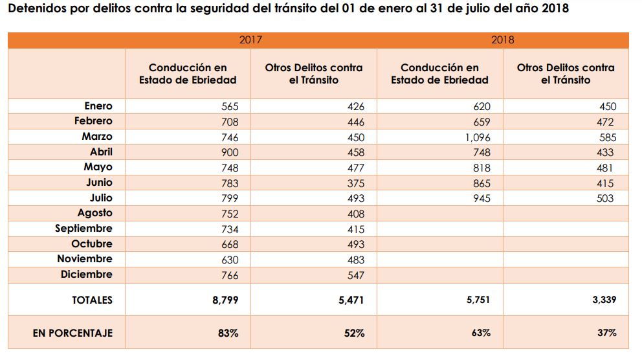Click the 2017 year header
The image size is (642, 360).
250,40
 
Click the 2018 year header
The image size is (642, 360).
503,40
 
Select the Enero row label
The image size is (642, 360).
98,106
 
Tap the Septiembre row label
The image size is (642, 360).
83,229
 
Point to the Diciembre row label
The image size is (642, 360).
86,275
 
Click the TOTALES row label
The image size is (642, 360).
92,300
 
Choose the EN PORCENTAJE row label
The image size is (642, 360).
72,333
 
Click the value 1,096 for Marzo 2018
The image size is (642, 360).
478,137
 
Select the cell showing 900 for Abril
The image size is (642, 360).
229,152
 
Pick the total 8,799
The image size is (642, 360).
225,300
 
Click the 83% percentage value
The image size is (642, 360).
228,333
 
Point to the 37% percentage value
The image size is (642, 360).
607,333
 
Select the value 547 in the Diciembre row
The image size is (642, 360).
355,275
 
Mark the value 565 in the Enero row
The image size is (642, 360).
229,107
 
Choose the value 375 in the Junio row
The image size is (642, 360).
355,183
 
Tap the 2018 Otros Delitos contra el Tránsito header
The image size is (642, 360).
566,74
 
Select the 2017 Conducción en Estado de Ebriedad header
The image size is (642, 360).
188,74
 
